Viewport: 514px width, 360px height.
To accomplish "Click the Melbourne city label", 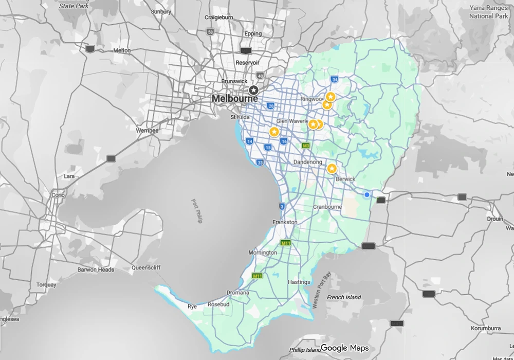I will [234, 98].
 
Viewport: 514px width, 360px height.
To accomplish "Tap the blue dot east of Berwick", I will [366, 195].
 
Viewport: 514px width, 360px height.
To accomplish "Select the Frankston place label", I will [285, 222].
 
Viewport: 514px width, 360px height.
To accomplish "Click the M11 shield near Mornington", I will [286, 242].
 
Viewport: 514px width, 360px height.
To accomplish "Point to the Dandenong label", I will [307, 162].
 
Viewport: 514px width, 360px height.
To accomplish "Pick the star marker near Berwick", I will [332, 168].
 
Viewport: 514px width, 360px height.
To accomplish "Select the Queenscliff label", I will [146, 267].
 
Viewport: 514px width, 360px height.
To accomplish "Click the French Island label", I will [344, 297].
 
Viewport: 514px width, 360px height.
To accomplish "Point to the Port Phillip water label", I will [197, 211].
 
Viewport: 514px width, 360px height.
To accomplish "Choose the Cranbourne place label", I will [327, 207].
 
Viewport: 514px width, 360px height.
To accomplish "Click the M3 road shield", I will [306, 146].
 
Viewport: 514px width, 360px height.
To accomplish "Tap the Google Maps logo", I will [345, 348].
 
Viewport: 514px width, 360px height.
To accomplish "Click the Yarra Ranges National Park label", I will [488, 12].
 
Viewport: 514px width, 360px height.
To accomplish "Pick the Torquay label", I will [46, 284].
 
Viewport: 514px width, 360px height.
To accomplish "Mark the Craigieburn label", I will [219, 17].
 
